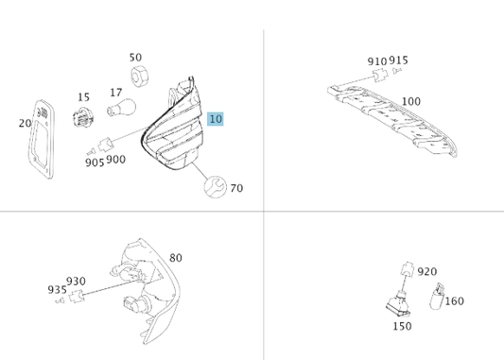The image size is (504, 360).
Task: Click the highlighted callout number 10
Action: (x=216, y=119)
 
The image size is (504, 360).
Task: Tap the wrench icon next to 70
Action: (x=215, y=186)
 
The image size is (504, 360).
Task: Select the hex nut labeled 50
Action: (x=139, y=77)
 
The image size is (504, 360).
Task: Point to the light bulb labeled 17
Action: (x=121, y=108)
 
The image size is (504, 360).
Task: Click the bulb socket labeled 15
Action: (x=83, y=117)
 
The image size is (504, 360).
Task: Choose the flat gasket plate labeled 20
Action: (x=42, y=139)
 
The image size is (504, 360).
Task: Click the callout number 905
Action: (x=95, y=163)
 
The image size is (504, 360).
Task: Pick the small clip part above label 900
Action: (x=105, y=145)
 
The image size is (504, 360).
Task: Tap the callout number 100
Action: (x=411, y=101)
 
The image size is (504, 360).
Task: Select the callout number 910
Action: (x=377, y=61)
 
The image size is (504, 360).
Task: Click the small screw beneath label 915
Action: (x=397, y=70)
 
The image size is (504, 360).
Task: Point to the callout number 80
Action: (x=176, y=258)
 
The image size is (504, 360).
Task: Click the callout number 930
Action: (x=76, y=282)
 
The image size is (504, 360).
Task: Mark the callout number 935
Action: (x=58, y=290)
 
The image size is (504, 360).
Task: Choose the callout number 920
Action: (x=427, y=272)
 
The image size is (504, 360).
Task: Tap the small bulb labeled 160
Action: (x=437, y=296)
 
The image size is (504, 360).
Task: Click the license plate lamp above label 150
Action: (x=399, y=303)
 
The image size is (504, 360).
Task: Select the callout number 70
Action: (x=236, y=188)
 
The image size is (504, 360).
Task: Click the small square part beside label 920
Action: (x=408, y=268)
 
